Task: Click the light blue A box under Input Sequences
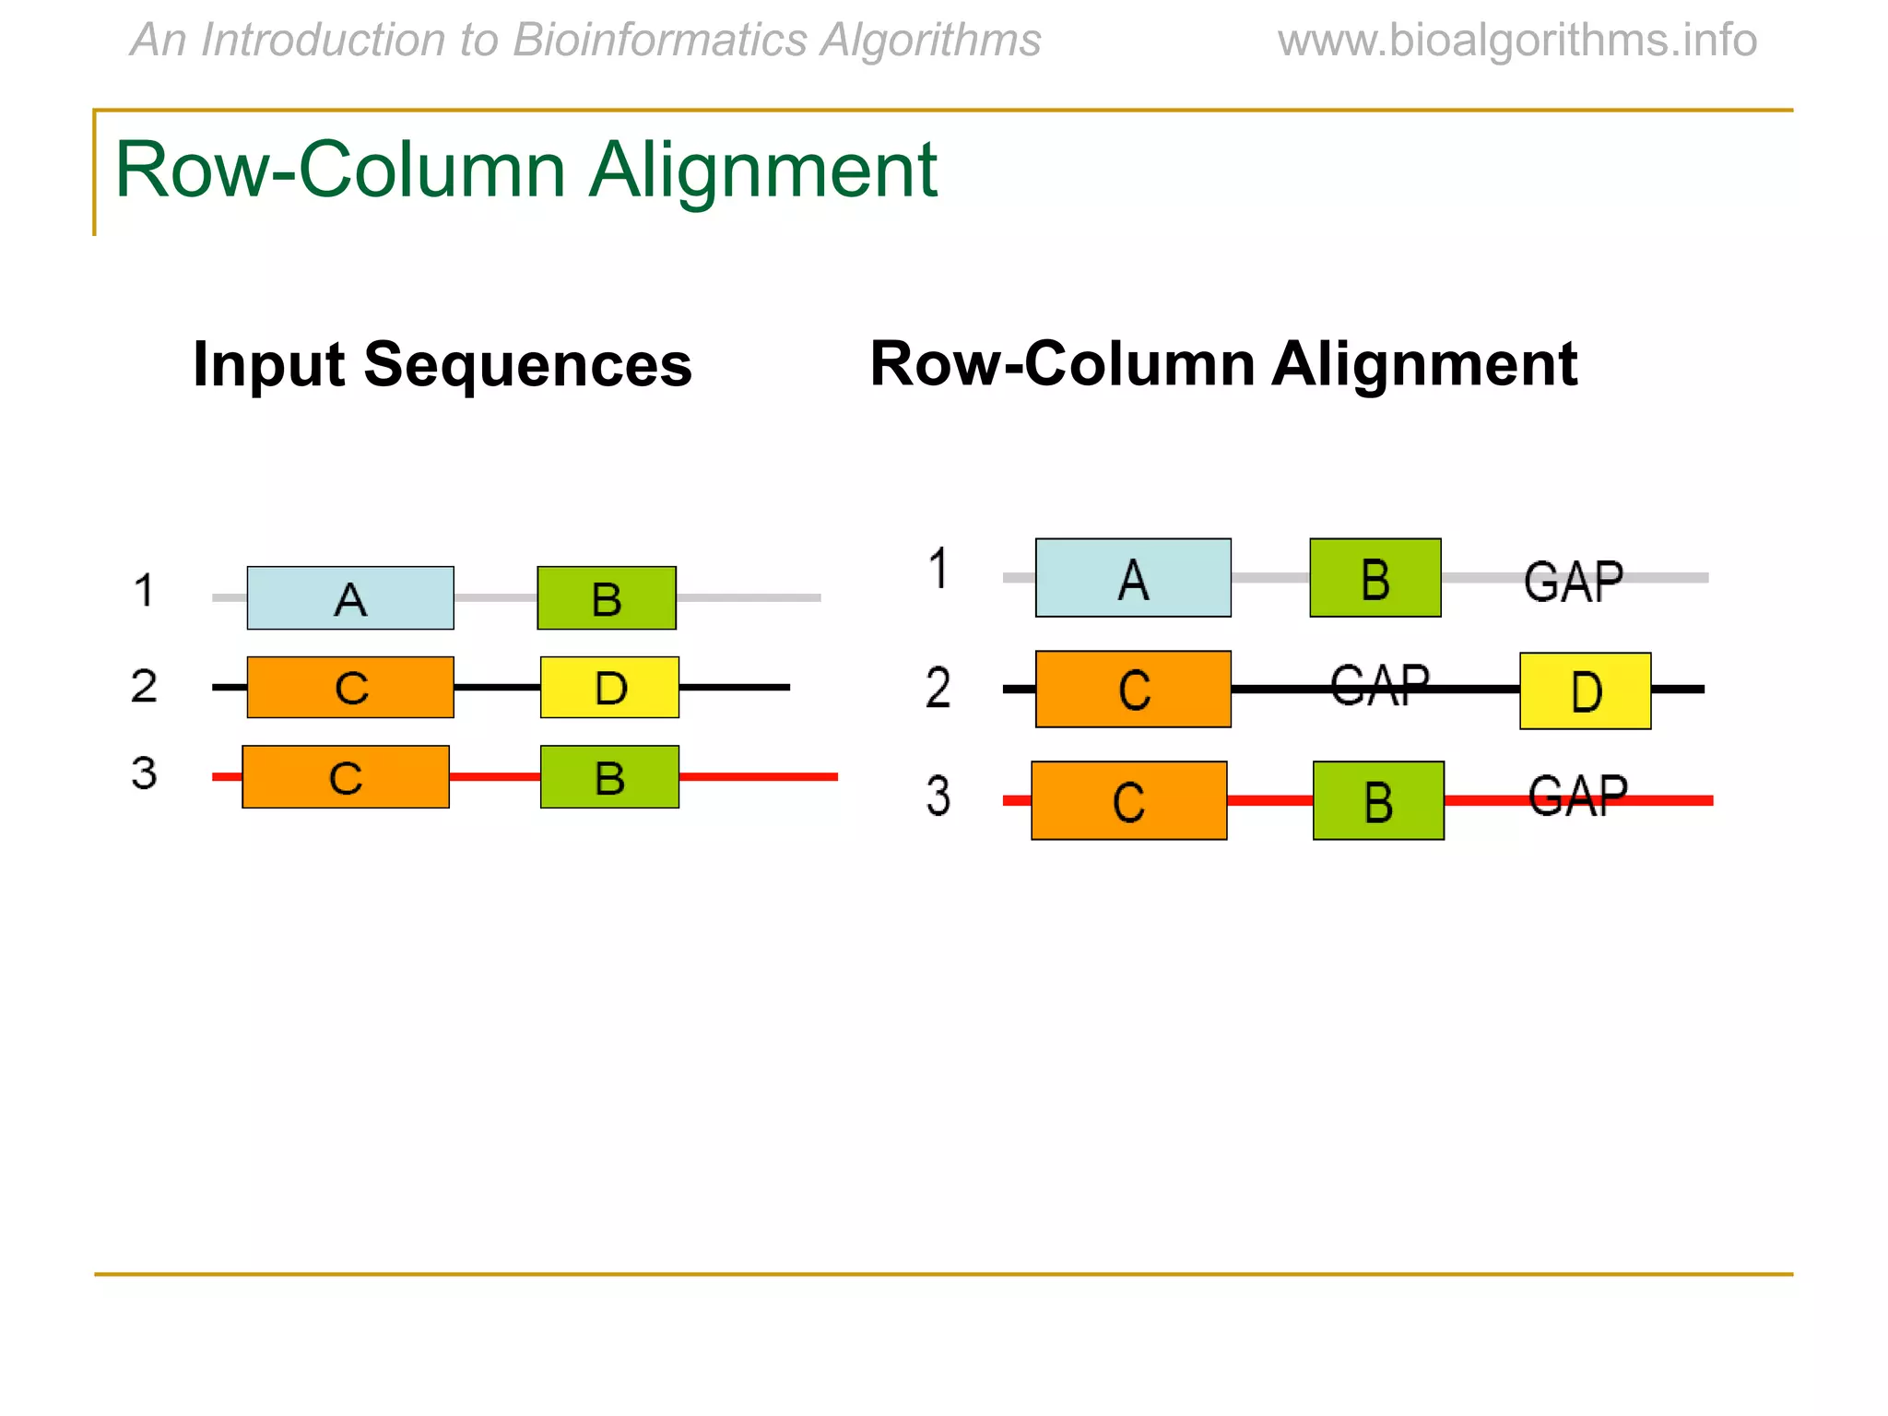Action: pyautogui.click(x=350, y=598)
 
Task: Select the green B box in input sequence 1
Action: pyautogui.click(x=607, y=598)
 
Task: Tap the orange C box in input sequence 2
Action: pyautogui.click(x=350, y=688)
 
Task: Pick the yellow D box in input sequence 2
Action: pyautogui.click(x=609, y=688)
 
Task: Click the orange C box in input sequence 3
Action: pyautogui.click(x=346, y=777)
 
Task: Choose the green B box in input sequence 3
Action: pyautogui.click(x=609, y=777)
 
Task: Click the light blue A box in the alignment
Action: pyautogui.click(x=1133, y=578)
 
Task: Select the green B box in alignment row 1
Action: pyautogui.click(x=1375, y=578)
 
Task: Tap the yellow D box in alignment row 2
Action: pyautogui.click(x=1585, y=691)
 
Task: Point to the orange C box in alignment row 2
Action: pyautogui.click(x=1133, y=690)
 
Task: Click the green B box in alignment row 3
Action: pyautogui.click(x=1378, y=800)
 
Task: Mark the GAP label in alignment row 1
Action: pyautogui.click(x=1573, y=582)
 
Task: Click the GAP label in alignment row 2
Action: pyautogui.click(x=1379, y=686)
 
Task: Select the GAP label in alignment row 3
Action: pyautogui.click(x=1577, y=796)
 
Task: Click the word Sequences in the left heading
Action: pyautogui.click(x=527, y=365)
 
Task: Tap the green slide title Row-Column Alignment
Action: pyautogui.click(x=525, y=170)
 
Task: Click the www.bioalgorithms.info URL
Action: pyautogui.click(x=1516, y=41)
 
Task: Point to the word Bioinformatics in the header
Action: pyautogui.click(x=660, y=41)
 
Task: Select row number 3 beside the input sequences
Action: pyautogui.click(x=144, y=773)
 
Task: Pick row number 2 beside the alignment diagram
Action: pyautogui.click(x=938, y=688)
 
